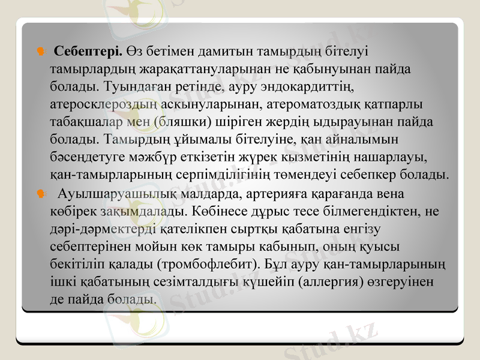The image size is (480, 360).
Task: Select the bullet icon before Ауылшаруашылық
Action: coord(40,194)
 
